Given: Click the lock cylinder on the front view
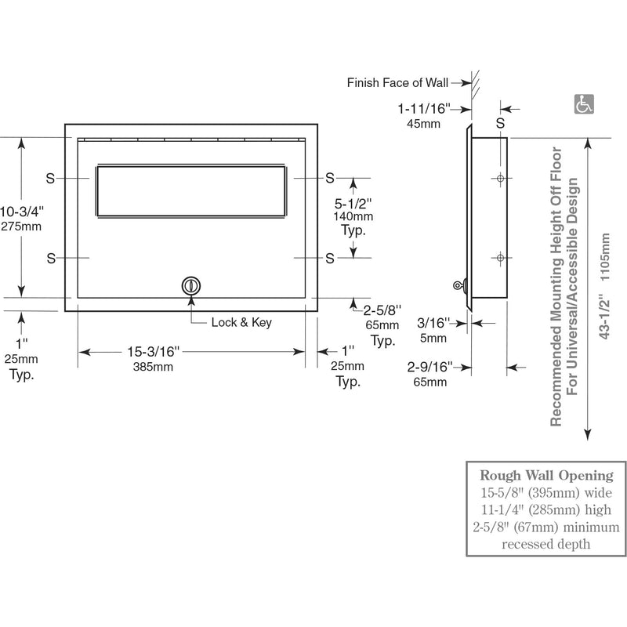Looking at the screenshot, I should pyautogui.click(x=190, y=285).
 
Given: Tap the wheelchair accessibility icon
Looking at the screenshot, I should pyautogui.click(x=583, y=103).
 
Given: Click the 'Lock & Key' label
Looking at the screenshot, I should pyautogui.click(x=241, y=323).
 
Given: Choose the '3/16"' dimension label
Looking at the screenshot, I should pyautogui.click(x=432, y=323).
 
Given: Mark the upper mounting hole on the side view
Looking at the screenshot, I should pyautogui.click(x=499, y=179).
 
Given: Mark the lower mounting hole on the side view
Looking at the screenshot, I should pyautogui.click(x=499, y=257).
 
